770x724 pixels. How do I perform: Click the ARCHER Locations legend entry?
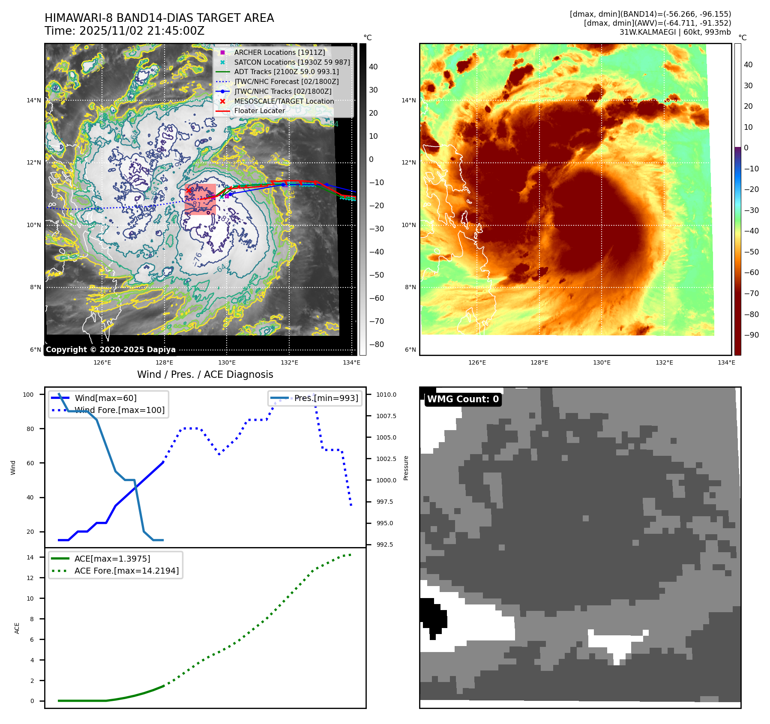(279, 52)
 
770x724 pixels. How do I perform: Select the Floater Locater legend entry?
(259, 111)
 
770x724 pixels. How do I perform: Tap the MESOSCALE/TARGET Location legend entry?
(284, 101)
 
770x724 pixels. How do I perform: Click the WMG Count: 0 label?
(463, 399)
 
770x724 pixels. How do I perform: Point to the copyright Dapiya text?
(111, 350)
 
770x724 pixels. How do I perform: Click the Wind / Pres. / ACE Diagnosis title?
(205, 374)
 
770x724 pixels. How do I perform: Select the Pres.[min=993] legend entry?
(326, 398)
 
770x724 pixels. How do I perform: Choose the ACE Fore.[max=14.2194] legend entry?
(126, 571)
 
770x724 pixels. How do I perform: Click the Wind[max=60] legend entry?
(105, 398)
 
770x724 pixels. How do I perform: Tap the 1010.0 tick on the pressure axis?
(386, 395)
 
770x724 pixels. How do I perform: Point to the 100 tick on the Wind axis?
(28, 395)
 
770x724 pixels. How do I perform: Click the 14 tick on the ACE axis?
(30, 557)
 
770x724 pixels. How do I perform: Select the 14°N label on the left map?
(34, 101)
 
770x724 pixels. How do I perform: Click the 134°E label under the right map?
(726, 362)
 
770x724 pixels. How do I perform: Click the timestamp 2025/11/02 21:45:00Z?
(142, 31)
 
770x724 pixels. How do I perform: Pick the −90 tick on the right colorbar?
(751, 335)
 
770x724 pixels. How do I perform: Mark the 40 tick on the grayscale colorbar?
(373, 67)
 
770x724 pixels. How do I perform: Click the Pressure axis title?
(406, 468)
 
